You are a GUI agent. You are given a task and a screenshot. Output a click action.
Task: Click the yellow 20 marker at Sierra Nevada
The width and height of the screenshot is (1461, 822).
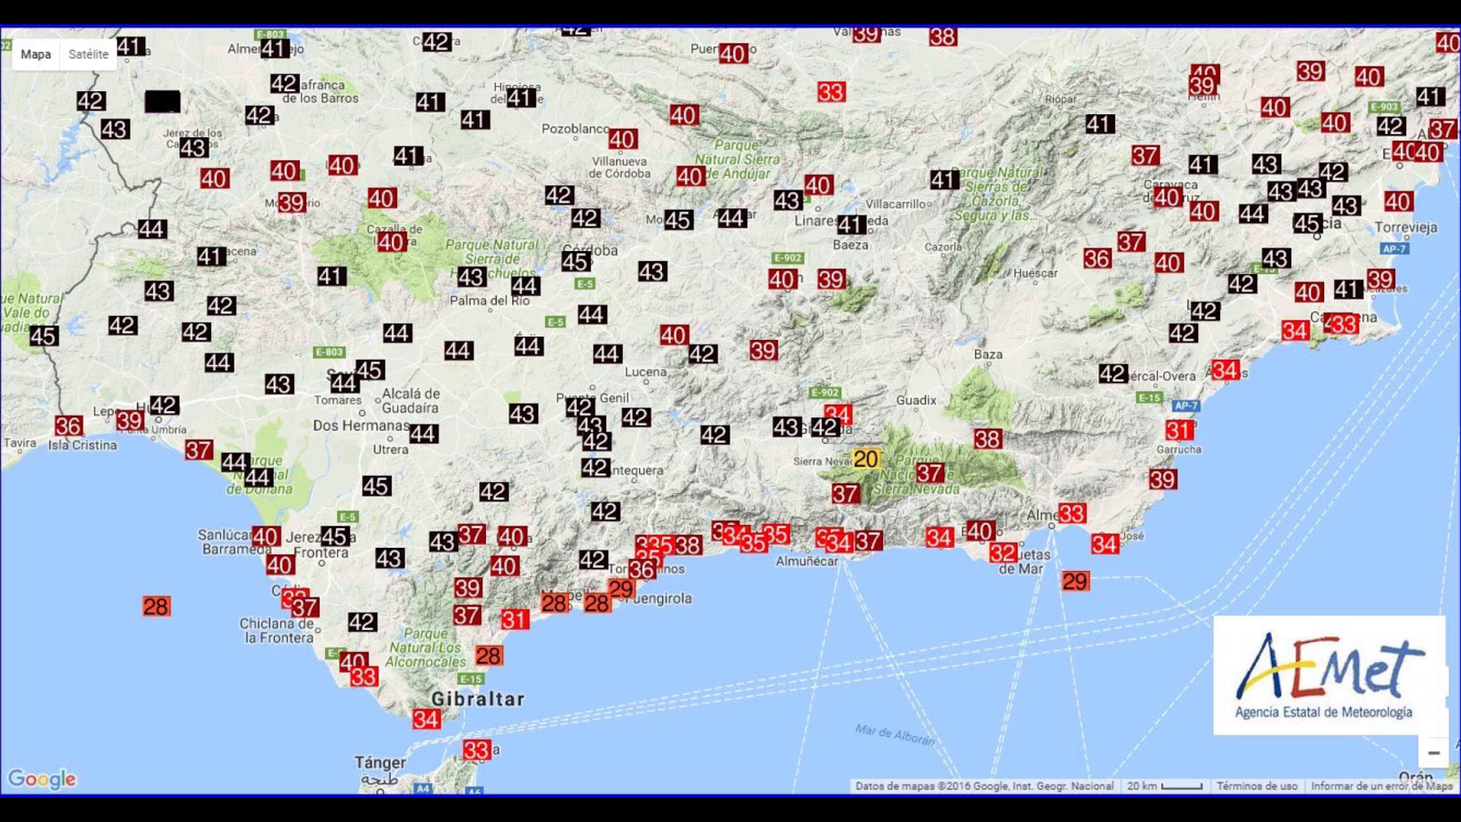(866, 458)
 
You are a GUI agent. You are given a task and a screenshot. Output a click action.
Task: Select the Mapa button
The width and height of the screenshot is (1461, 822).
(36, 54)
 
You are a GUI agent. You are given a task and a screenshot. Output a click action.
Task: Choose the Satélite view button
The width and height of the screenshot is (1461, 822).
(89, 54)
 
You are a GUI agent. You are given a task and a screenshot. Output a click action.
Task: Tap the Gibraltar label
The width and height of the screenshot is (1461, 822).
(478, 699)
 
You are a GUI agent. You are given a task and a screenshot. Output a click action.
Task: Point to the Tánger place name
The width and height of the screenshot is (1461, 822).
(380, 762)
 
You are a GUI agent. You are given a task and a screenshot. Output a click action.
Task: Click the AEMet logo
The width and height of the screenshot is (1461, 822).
(1329, 675)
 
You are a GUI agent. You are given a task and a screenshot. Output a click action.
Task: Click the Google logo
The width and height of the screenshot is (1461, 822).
(42, 779)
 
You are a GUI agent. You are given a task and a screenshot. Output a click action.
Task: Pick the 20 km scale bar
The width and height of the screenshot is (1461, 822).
(1164, 785)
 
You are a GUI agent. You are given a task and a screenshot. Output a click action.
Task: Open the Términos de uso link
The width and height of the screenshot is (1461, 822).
(1256, 785)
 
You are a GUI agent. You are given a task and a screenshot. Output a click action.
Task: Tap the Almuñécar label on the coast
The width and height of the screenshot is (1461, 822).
(806, 561)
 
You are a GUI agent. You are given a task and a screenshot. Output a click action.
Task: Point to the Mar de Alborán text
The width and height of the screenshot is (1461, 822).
(895, 734)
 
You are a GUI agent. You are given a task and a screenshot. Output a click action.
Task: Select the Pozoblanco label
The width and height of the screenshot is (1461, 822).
(575, 129)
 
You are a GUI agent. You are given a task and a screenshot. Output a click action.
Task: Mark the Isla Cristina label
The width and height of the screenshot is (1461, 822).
(82, 445)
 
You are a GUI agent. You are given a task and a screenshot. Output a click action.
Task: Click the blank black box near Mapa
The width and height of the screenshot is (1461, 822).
(163, 101)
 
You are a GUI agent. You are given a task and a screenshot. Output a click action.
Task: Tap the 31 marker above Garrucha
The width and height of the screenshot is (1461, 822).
(1179, 430)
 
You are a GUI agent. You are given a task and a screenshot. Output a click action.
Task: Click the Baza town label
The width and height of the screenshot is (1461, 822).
(988, 354)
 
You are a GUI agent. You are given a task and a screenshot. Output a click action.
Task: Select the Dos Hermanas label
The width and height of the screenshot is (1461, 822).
(361, 426)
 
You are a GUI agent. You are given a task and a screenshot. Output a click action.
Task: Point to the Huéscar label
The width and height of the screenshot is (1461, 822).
(1035, 273)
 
